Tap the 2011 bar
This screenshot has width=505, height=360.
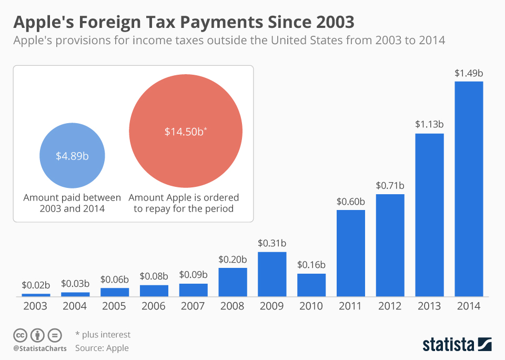[351, 253]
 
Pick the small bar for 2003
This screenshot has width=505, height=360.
[36, 295]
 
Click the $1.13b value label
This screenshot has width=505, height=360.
[429, 124]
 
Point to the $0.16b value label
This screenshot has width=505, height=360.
[311, 264]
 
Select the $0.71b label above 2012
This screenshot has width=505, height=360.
[390, 185]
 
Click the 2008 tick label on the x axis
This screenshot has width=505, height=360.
[233, 306]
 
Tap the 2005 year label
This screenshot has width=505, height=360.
[115, 306]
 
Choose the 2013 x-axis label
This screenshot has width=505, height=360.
[429, 306]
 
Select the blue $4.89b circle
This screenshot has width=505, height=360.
[72, 156]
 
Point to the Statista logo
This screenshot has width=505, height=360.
[457, 344]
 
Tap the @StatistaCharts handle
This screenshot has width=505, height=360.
[40, 348]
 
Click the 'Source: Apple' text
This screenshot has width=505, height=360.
[102, 348]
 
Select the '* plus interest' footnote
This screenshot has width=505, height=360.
[103, 335]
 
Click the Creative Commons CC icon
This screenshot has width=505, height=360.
[20, 335]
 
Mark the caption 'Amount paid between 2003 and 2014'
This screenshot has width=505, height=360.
[72, 203]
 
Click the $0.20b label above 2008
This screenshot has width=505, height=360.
[233, 259]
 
